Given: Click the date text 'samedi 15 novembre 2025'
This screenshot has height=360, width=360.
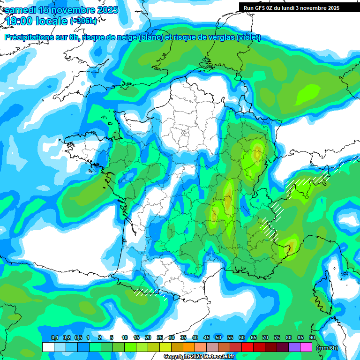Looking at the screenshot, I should click(61, 10).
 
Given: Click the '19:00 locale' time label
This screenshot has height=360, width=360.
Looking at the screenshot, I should click(37, 21).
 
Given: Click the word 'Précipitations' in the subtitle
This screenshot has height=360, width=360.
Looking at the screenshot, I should click(29, 37).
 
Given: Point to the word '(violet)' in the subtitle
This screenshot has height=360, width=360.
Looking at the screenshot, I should click(248, 37).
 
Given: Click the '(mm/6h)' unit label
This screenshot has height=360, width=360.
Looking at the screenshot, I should click(327, 348).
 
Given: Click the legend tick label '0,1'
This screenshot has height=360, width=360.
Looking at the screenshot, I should click(54, 338).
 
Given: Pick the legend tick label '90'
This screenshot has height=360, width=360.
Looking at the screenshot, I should click(312, 338).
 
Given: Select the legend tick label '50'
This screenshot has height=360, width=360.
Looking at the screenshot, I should click(218, 338).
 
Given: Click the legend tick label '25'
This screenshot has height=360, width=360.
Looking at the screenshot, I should click(160, 338).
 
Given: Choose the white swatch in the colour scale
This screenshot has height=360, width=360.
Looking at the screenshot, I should click(48, 347).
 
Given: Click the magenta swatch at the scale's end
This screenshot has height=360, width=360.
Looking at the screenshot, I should click(306, 347).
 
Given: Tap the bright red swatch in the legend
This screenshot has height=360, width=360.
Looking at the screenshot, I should click(247, 347).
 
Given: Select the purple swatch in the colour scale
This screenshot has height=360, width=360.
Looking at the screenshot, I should click(294, 347).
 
